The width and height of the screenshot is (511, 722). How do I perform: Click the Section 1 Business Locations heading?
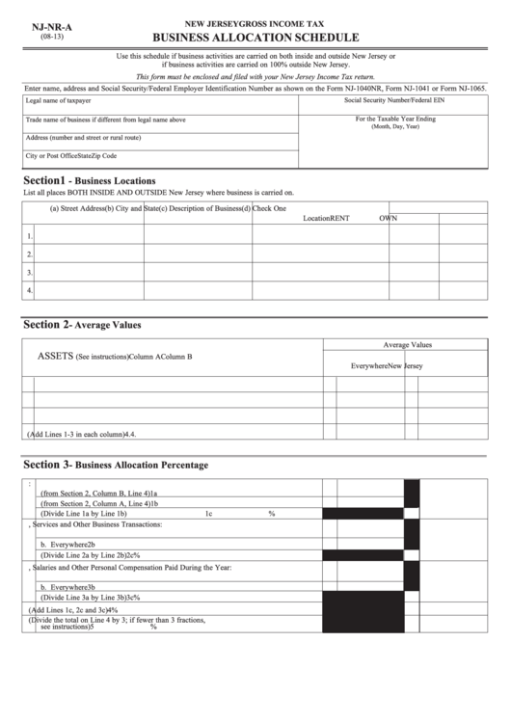[89, 180]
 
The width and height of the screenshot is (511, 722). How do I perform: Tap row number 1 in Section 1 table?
[30, 235]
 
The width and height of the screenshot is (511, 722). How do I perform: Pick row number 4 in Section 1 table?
[30, 288]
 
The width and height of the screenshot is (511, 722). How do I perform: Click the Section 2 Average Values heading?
[82, 325]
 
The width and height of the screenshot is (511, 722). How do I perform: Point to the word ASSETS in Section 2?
[55, 356]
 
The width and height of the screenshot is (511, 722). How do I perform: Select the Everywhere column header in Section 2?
[368, 366]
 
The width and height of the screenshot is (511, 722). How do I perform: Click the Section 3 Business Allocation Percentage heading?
[115, 465]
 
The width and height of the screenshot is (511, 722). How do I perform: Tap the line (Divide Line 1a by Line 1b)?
[88, 514]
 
